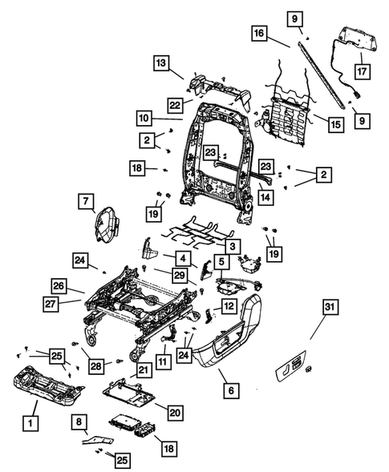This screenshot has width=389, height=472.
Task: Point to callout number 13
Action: coord(161,63)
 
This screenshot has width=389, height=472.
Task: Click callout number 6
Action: coord(233,390)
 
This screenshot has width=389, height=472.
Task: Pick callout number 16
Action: coord(257,34)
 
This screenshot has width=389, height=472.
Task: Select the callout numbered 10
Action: coord(143,118)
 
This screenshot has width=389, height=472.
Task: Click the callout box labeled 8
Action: coord(79,422)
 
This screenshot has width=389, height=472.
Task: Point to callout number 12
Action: coord(228,305)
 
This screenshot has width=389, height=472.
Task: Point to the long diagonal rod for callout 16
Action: coord(324,68)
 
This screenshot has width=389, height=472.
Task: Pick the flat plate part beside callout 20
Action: coord(132,392)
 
